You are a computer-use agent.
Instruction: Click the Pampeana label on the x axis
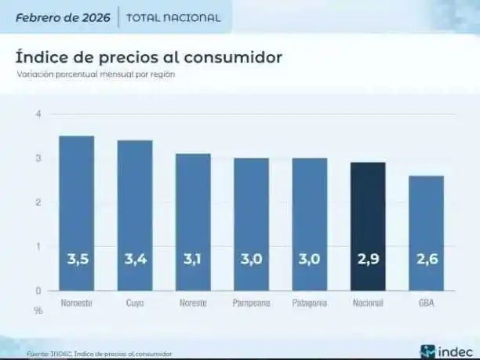pos(251,303)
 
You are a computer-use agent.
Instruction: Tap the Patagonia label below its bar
pos(309,303)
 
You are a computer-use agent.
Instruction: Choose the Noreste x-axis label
pos(193,303)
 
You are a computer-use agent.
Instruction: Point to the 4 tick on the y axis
pos(38,115)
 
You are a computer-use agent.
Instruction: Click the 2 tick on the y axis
pos(38,202)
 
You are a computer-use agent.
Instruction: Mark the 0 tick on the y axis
pos(38,290)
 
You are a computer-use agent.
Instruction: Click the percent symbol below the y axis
pos(38,309)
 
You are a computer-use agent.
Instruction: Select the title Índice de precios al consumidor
pos(148,57)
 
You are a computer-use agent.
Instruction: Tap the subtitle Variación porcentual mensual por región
pos(96,75)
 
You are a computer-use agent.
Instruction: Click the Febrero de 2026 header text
pos(63,16)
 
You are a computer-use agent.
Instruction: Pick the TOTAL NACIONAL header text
pos(173,17)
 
